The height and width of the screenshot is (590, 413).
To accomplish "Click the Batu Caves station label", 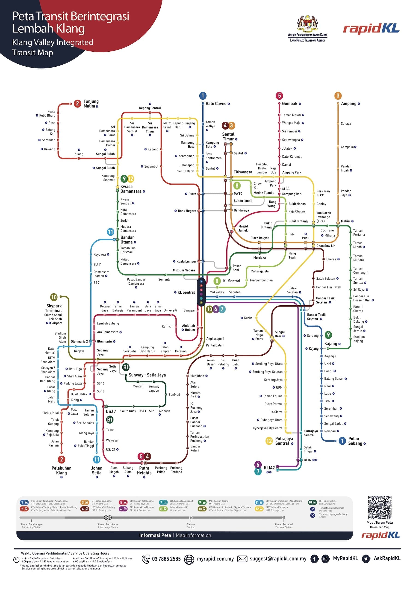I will tap(216, 103).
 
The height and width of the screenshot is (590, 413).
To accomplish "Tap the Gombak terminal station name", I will tap(289, 103).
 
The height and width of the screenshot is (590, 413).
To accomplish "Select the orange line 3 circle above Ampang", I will tap(338, 96).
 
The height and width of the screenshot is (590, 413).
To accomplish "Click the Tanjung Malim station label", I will tap(91, 103).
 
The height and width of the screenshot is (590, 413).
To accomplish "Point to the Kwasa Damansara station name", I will tap(131, 189).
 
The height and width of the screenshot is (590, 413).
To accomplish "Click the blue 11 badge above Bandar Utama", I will tap(111, 232).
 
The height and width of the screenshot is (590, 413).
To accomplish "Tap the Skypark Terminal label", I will tap(54, 308).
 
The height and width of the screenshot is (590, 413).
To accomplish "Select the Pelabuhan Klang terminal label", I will tap(62, 470).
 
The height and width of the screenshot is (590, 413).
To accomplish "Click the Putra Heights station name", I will tap(144, 470).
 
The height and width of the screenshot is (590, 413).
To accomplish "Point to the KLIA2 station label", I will tap(269, 468).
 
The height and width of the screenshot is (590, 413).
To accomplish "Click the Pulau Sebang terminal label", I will tap(355, 441).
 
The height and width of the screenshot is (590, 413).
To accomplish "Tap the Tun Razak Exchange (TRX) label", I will tap(323, 217).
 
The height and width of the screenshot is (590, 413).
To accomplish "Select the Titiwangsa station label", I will tap(243, 172).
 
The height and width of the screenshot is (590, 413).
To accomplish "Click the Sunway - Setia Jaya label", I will tap(147, 375).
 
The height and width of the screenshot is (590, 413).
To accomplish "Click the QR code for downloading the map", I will tap(379, 507).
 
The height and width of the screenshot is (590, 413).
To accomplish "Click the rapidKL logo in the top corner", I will tap(371, 29).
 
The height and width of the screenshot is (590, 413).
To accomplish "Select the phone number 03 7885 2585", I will tap(166, 559).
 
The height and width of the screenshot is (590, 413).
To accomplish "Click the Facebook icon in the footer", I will tap(314, 559).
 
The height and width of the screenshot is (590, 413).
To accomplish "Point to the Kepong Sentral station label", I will tap(150, 108).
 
